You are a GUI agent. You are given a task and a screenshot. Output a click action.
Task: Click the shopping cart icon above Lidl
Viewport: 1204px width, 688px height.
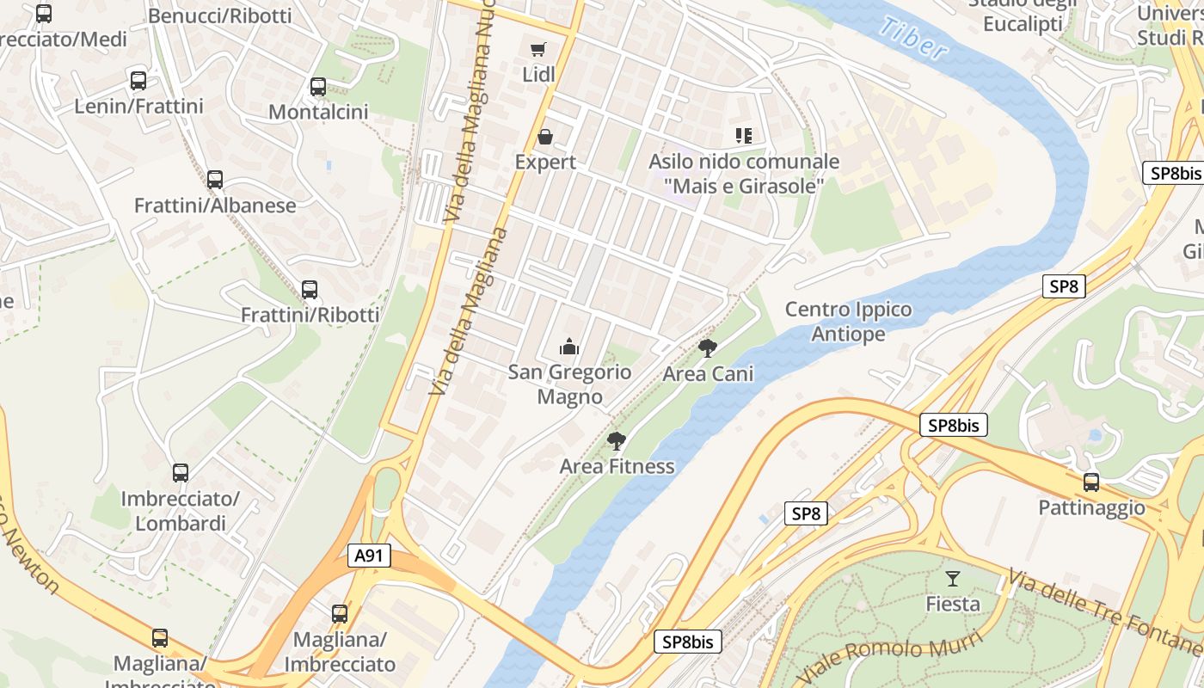tap(538, 49)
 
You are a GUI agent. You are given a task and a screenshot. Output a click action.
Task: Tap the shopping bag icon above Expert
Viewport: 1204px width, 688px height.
tap(545, 136)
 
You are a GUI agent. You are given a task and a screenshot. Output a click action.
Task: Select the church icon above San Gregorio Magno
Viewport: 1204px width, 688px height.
tap(568, 347)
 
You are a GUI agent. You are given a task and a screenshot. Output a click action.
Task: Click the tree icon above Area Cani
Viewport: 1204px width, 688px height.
tap(708, 347)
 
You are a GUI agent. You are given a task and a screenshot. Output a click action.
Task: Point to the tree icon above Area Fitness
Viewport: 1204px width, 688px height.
tap(616, 441)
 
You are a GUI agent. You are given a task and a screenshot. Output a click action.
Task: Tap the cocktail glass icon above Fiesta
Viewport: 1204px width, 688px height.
tap(952, 578)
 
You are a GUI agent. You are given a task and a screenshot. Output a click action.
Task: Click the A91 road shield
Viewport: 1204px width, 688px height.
tap(369, 556)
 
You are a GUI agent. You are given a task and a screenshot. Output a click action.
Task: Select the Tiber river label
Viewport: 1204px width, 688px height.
tap(913, 39)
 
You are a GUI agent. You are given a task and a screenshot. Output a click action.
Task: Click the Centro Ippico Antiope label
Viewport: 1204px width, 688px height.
tap(848, 322)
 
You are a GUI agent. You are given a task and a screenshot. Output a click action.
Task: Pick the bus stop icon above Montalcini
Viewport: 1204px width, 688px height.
tap(318, 87)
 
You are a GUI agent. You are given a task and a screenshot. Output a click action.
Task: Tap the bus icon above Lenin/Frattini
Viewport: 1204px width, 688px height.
tap(138, 81)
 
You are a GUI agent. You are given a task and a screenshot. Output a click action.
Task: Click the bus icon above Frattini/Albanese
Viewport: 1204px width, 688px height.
tap(215, 180)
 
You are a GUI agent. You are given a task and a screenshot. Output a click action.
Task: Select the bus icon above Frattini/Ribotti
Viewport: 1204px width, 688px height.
tap(310, 290)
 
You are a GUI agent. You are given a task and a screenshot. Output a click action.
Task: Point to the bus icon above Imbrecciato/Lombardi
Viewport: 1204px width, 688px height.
tap(181, 473)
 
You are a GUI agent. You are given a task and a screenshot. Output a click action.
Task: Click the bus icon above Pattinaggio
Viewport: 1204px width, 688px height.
tap(1091, 482)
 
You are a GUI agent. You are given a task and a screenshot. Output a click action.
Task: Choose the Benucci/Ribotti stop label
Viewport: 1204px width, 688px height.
tap(220, 15)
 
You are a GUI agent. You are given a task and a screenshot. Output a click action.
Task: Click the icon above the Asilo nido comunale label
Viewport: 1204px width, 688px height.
tap(744, 135)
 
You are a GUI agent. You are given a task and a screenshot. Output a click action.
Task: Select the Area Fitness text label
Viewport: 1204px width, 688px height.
tap(617, 466)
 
